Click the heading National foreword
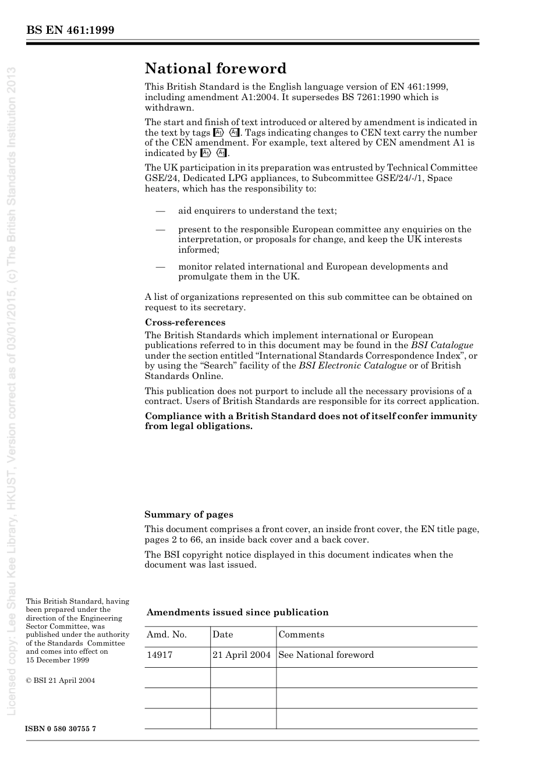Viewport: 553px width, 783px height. (215, 69)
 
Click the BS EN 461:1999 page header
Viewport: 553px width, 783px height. (70, 30)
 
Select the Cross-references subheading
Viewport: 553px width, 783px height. (185, 323)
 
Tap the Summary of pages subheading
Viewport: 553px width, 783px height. (189, 515)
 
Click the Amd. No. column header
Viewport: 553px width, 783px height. (166, 635)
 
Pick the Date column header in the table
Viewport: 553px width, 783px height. (222, 635)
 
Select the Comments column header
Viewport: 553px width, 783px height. (301, 635)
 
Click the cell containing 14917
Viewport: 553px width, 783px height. (159, 655)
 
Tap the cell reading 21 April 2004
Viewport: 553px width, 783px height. (242, 655)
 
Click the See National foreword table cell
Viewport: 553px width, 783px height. (326, 655)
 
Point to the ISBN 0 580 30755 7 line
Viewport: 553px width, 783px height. (61, 729)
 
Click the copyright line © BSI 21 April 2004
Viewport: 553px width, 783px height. (61, 680)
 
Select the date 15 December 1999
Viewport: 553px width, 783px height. (58, 660)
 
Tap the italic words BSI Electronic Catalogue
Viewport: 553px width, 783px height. (353, 366)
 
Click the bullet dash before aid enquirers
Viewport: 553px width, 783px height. (161, 211)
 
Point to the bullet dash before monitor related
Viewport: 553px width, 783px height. (161, 267)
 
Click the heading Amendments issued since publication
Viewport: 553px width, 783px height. (237, 612)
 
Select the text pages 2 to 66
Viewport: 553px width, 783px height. (177, 540)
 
